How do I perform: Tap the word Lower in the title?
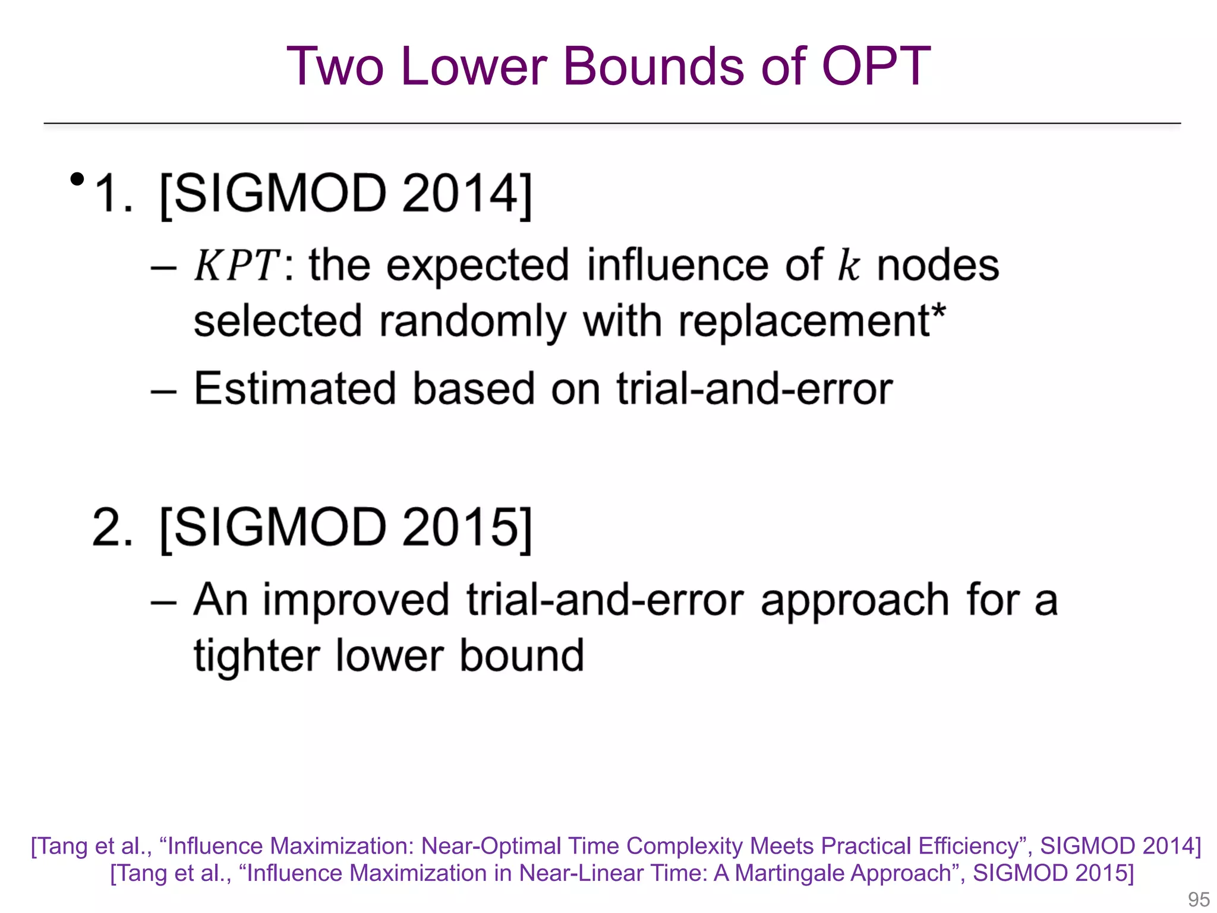[x=473, y=67]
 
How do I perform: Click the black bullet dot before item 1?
[x=77, y=179]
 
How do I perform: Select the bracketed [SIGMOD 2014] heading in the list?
[x=346, y=194]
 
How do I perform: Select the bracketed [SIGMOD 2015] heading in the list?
[x=346, y=528]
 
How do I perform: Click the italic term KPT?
[x=236, y=265]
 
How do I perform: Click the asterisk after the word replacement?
[x=938, y=310]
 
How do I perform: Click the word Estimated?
[x=295, y=389]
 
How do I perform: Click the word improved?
[x=357, y=600]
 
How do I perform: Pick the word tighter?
[x=256, y=656]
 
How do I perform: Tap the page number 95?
[x=1198, y=899]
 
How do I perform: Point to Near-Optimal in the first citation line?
[x=491, y=846]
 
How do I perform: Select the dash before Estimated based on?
[x=163, y=391]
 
